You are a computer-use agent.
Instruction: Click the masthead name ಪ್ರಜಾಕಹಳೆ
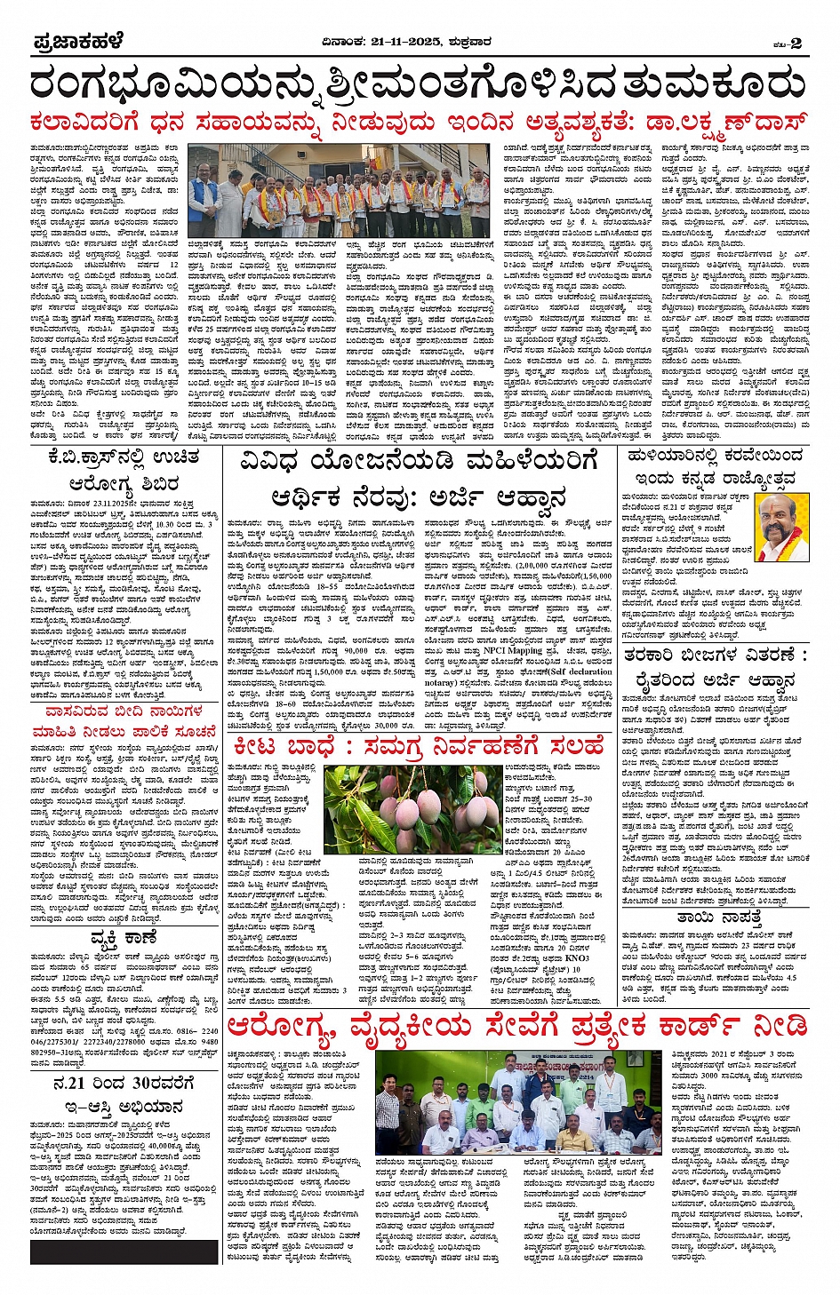(77, 41)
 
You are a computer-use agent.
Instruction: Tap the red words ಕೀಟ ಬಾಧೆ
(290, 747)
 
